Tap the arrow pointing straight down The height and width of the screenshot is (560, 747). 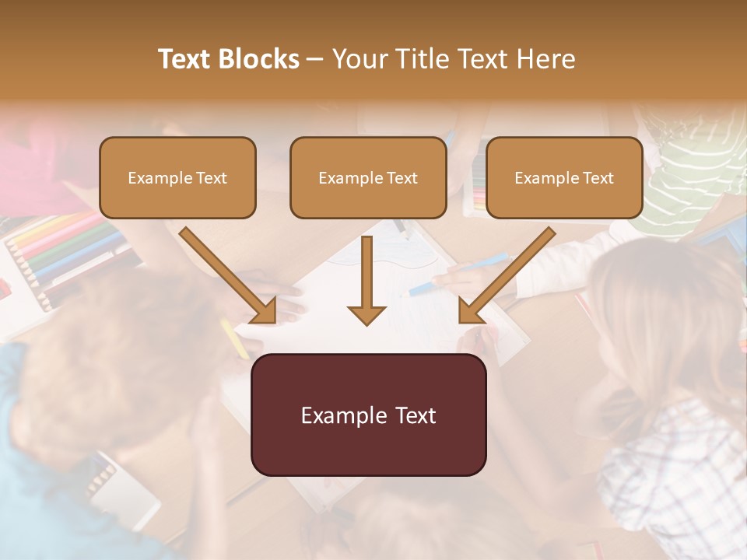[366, 280]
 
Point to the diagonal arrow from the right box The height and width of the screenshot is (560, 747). [506, 276]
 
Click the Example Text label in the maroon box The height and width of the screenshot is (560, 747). [368, 415]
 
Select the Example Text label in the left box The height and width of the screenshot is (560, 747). [177, 178]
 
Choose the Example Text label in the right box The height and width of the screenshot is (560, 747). [564, 178]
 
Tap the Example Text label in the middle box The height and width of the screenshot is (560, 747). [368, 178]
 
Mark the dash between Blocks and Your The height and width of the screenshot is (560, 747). [315, 60]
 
